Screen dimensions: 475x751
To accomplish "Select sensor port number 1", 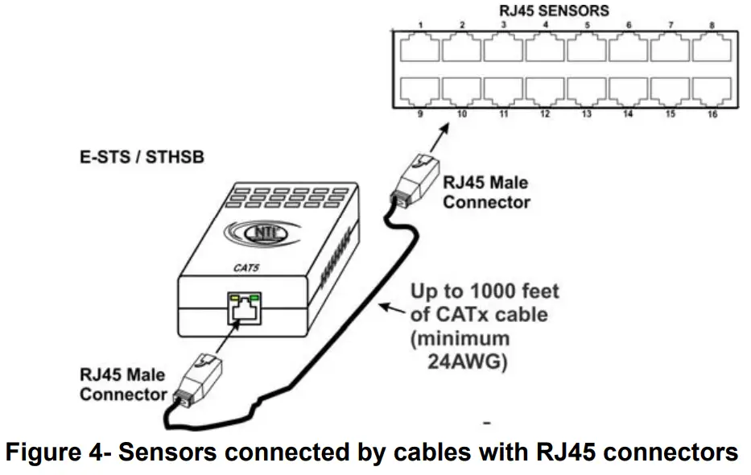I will click(419, 49).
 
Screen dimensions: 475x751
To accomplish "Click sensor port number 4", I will click(545, 49).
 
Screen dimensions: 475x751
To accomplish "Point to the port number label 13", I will click(587, 115).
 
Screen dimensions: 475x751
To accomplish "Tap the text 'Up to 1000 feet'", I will click(484, 291).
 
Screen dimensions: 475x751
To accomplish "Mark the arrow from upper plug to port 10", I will click(435, 137).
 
